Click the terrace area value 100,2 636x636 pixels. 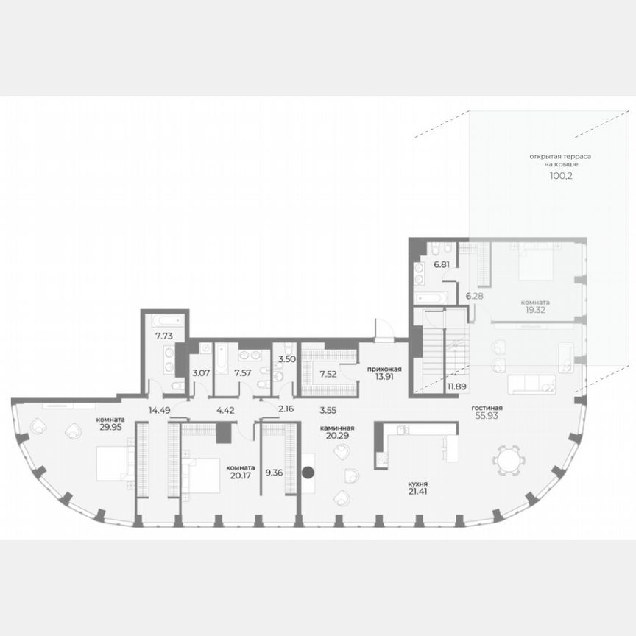coord(561,177)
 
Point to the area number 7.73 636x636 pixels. coord(163,336)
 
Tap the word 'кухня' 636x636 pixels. coord(420,484)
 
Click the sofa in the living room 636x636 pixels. coord(531,383)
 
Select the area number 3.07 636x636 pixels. coord(201,373)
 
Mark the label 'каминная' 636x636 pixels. coord(339,428)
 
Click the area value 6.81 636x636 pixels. coord(442,264)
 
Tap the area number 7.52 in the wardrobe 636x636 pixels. coord(329,373)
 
